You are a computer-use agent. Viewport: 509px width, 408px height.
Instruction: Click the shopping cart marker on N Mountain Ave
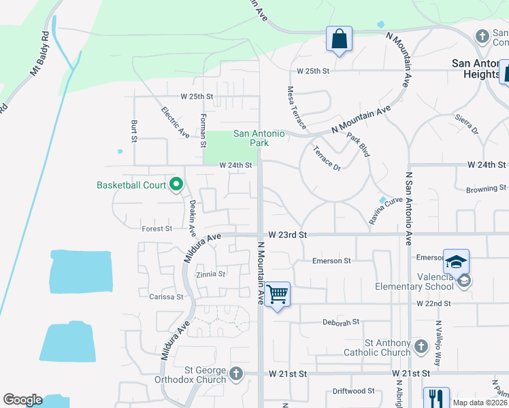277,294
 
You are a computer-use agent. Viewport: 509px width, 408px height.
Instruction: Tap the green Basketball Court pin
176,184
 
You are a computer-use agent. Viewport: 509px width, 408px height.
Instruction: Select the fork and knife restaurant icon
436,398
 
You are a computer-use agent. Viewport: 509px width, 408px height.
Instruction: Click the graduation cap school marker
456,261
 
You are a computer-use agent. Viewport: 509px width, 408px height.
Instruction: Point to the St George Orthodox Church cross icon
236,373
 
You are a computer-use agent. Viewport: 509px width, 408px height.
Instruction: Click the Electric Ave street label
175,122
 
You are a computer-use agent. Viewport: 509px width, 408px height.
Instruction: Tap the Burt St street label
134,131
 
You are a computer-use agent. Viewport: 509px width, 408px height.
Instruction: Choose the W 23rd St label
288,235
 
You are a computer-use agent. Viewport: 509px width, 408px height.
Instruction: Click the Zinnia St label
210,274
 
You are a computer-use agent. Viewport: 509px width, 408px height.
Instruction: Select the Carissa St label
166,296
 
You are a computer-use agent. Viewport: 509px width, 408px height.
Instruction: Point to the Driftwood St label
353,391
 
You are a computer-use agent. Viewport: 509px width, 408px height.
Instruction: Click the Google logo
22,400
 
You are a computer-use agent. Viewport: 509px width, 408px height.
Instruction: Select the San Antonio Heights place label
477,68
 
